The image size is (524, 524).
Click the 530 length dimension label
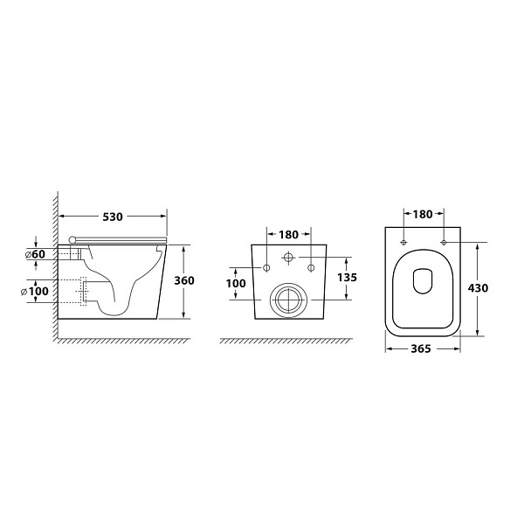click(x=113, y=217)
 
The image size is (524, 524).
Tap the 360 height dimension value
click(x=184, y=280)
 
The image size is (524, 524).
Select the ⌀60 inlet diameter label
click(x=35, y=254)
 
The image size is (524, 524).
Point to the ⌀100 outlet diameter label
click(x=35, y=291)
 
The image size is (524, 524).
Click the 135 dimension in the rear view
click(x=347, y=277)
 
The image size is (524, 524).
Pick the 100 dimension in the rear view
click(x=236, y=283)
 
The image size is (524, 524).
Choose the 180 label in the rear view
click(x=289, y=235)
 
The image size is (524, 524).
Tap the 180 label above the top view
click(x=423, y=214)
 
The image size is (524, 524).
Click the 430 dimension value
click(x=478, y=287)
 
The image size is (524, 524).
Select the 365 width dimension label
click(x=421, y=348)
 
